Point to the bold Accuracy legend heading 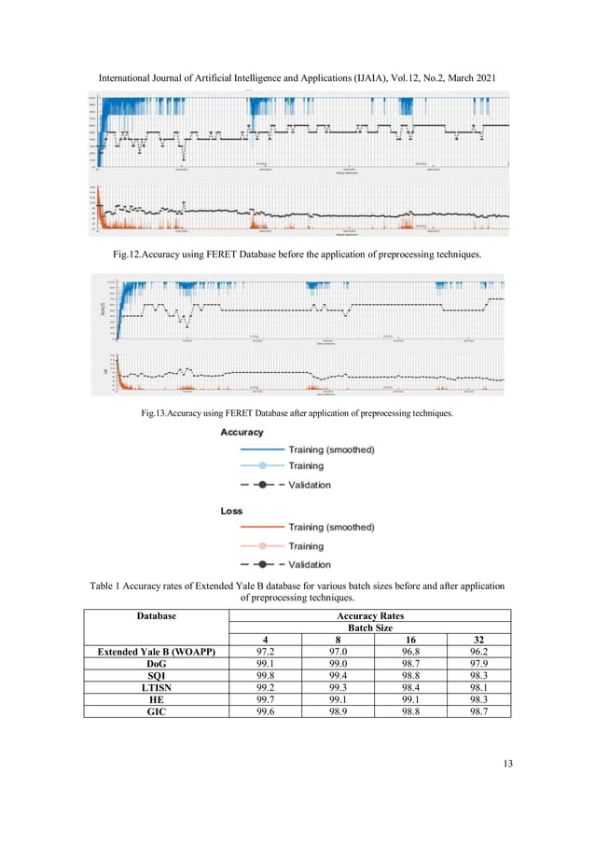tap(242, 433)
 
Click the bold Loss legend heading tap(231, 511)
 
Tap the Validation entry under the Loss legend tap(309, 564)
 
